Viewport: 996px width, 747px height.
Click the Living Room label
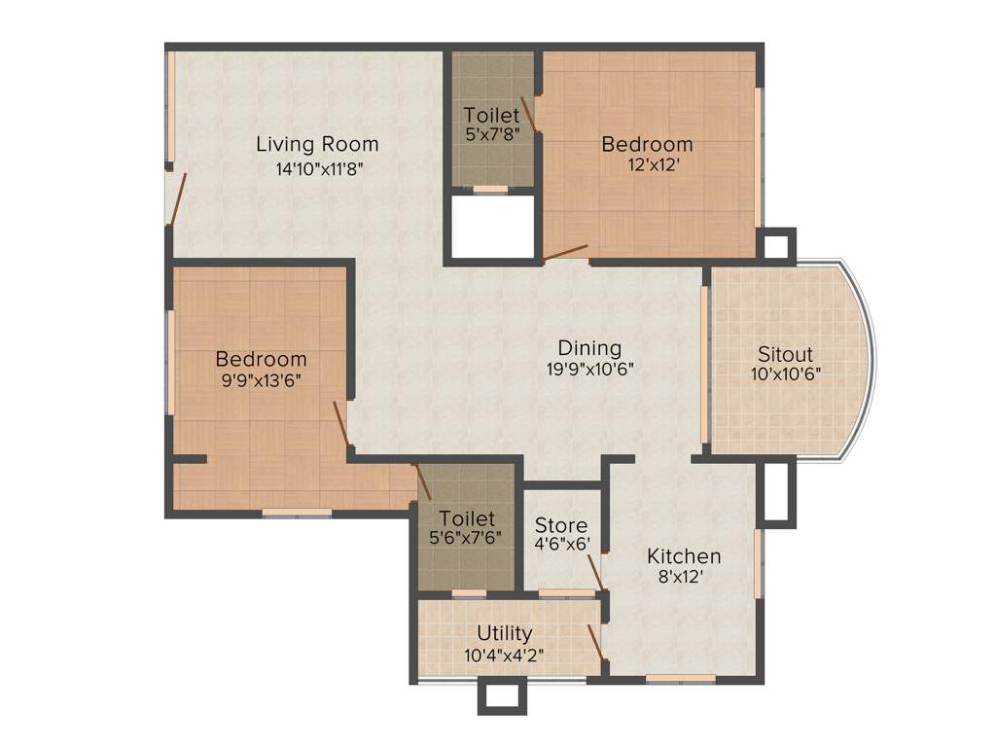coord(317,145)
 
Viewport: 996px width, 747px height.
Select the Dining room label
coord(589,348)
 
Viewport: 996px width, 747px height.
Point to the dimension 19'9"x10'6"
coord(590,370)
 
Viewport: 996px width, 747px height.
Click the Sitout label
coord(785,354)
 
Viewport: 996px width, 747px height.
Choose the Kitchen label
coord(684,556)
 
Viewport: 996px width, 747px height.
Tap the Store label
coord(560,526)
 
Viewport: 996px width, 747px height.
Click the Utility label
coord(504,634)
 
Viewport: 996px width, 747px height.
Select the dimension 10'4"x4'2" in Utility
coord(504,655)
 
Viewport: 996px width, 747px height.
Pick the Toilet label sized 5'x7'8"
coord(491,115)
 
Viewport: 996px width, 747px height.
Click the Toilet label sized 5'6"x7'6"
coord(466,517)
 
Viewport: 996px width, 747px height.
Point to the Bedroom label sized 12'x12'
coord(647,145)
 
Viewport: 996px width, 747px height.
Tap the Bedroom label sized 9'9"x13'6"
coord(261,359)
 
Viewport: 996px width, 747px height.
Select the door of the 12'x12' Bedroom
coord(565,253)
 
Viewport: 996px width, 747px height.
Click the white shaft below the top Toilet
coord(493,226)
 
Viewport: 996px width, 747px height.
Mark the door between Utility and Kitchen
coord(593,642)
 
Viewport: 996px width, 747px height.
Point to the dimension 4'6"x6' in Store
coord(562,546)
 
